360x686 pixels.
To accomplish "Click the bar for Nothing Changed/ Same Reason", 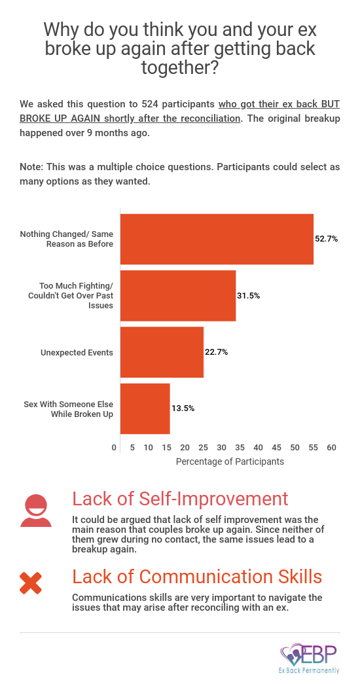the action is [217, 239].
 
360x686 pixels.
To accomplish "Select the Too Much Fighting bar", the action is [178, 296].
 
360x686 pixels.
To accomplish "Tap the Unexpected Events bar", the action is [162, 352].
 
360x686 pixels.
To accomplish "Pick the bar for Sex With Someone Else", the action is [145, 408].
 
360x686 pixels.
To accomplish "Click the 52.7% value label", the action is [327, 239].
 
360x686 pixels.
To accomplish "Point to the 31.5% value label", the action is [249, 296].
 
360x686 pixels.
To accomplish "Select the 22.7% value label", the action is [216, 352].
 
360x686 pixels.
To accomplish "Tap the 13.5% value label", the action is [183, 408].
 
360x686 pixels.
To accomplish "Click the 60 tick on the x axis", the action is [332, 448].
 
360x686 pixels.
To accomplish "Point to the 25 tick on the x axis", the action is [203, 448].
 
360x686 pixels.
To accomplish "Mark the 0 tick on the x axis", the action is [114, 448].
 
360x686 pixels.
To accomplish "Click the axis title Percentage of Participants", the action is [230, 461].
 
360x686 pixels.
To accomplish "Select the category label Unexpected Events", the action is [77, 352].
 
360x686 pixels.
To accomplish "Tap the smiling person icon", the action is [36, 511].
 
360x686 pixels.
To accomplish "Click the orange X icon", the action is [31, 583].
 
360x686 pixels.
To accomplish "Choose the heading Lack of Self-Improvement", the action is [180, 499].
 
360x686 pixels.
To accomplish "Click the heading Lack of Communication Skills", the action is [197, 577].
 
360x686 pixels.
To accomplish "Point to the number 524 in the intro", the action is [150, 105].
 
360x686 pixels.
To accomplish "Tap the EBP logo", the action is [310, 659].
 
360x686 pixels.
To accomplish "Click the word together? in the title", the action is [180, 68].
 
